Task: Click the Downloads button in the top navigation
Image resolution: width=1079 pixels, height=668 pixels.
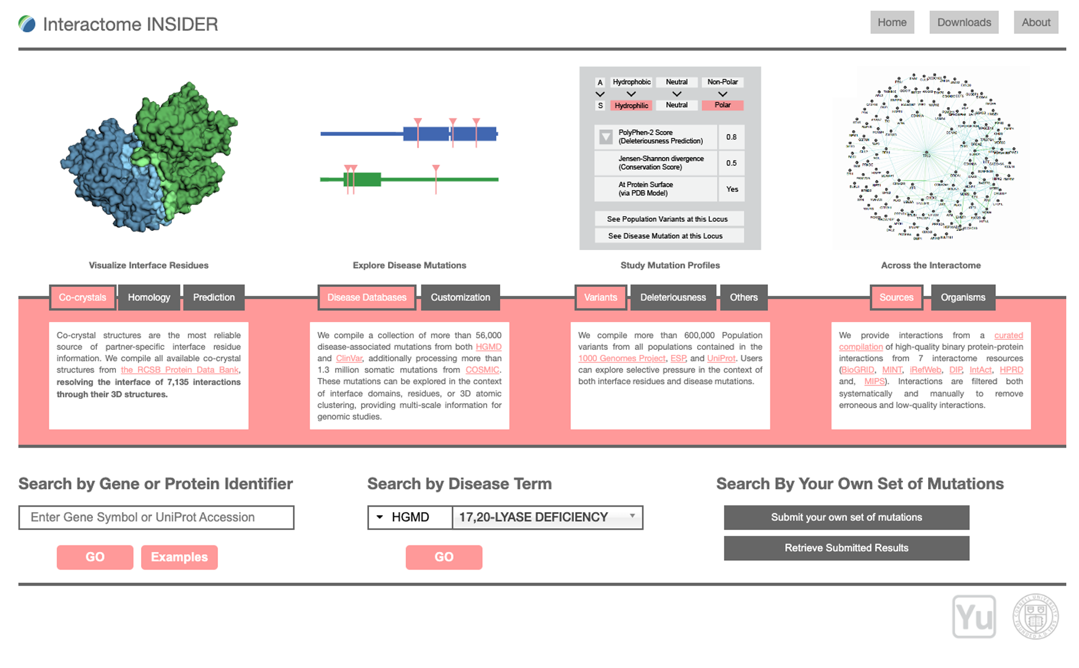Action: pyautogui.click(x=964, y=23)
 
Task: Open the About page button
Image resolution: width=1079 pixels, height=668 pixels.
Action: pyautogui.click(x=1036, y=23)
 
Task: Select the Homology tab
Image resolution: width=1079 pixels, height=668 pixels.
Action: pyautogui.click(x=149, y=297)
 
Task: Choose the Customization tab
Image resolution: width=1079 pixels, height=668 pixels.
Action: pyautogui.click(x=460, y=297)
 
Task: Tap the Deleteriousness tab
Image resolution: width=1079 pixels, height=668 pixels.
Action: pyautogui.click(x=673, y=297)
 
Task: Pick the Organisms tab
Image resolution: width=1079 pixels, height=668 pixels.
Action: pyautogui.click(x=963, y=297)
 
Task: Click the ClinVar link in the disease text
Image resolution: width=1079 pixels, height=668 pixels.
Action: pyautogui.click(x=349, y=358)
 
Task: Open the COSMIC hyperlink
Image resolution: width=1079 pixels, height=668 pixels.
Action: pyautogui.click(x=482, y=370)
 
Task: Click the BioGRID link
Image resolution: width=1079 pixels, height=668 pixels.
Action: pyautogui.click(x=857, y=370)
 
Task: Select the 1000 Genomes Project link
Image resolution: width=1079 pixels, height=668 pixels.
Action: pyautogui.click(x=621, y=358)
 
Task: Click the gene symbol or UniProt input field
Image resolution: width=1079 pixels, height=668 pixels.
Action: pyautogui.click(x=156, y=517)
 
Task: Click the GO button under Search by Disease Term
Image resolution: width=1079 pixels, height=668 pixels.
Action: pyautogui.click(x=443, y=557)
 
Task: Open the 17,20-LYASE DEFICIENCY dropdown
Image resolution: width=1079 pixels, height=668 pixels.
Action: pyautogui.click(x=547, y=517)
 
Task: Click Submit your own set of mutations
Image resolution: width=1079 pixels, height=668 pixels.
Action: pyautogui.click(x=846, y=517)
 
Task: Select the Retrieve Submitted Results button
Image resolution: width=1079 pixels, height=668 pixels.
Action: pyautogui.click(x=846, y=548)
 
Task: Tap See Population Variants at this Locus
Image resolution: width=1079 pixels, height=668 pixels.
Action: pyautogui.click(x=667, y=219)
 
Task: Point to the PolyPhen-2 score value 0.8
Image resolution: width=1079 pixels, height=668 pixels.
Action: pyautogui.click(x=731, y=137)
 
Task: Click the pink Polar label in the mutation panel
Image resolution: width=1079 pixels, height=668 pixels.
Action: pyautogui.click(x=722, y=105)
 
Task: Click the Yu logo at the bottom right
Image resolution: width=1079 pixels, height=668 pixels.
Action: pyautogui.click(x=974, y=616)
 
